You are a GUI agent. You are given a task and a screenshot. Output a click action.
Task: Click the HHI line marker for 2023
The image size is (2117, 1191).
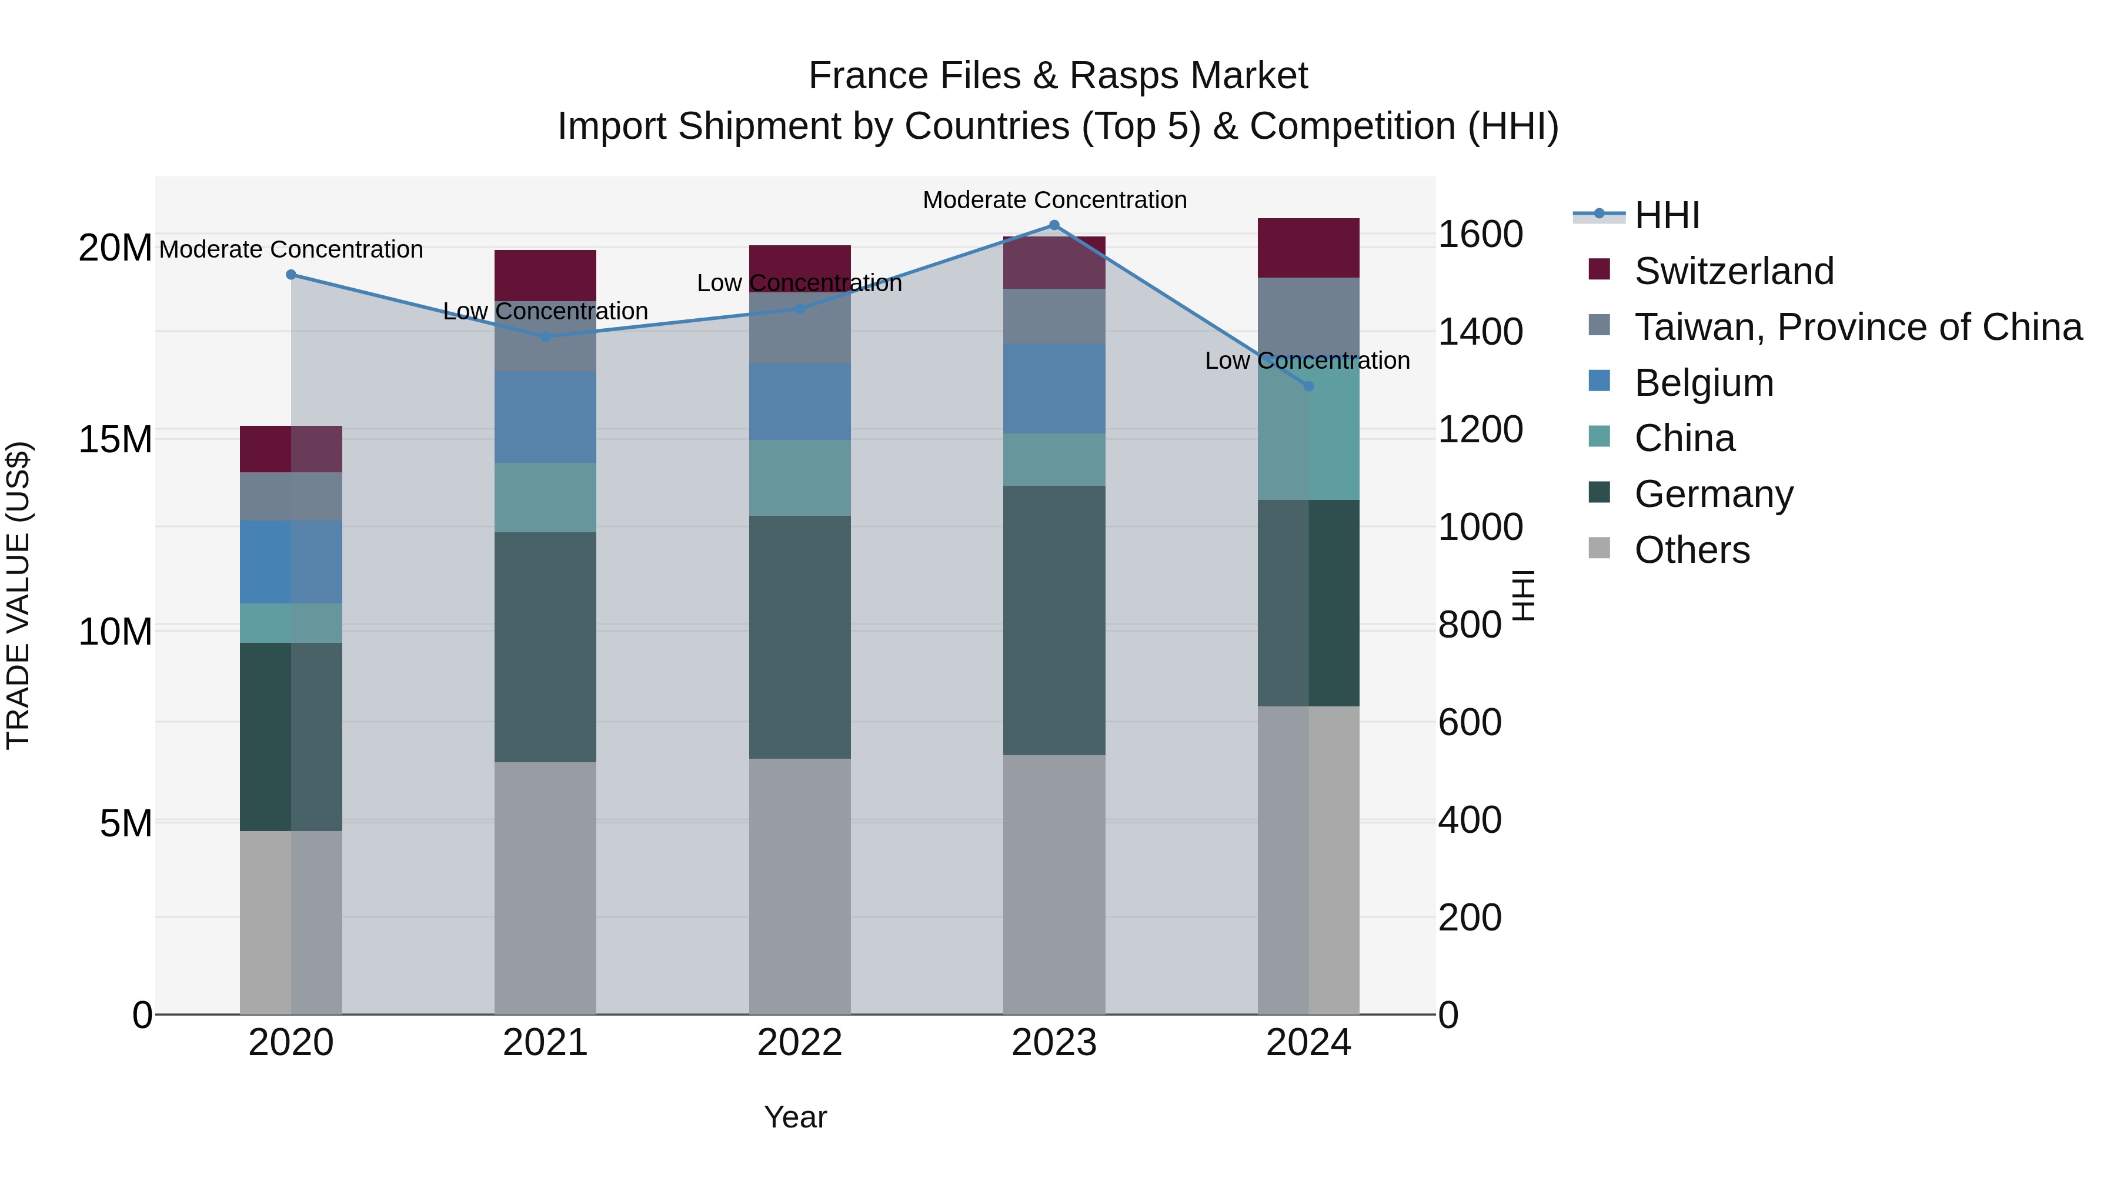click(1054, 225)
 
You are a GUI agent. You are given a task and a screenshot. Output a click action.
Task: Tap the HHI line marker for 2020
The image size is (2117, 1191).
click(291, 275)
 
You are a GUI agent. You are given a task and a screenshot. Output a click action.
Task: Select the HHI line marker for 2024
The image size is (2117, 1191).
click(1309, 385)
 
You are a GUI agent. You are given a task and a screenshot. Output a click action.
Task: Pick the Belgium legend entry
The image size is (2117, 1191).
click(1704, 383)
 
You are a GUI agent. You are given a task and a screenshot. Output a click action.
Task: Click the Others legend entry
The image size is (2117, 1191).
click(1692, 550)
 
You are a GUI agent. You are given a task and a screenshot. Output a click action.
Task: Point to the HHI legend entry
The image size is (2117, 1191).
click(1667, 215)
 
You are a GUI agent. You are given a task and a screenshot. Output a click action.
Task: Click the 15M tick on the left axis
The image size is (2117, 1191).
click(115, 440)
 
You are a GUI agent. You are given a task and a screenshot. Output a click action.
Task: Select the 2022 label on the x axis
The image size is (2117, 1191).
click(800, 1043)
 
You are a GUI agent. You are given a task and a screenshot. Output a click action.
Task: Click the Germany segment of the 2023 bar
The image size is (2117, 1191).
click(1054, 620)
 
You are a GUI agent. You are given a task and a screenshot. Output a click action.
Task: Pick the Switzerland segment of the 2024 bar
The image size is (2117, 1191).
click(1308, 248)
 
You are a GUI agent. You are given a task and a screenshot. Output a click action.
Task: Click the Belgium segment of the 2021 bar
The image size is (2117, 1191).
click(546, 417)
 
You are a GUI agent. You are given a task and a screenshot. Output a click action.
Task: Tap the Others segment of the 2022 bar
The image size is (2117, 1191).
click(800, 886)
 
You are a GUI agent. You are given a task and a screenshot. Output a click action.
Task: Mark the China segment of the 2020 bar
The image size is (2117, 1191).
click(291, 623)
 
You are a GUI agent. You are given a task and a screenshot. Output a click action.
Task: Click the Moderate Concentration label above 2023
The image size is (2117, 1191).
click(1054, 200)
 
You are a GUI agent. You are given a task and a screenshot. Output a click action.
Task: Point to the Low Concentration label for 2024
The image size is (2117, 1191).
click(1307, 361)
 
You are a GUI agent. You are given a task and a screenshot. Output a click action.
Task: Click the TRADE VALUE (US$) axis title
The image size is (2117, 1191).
click(18, 595)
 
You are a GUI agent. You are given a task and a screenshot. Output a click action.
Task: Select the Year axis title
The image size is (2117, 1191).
click(794, 1117)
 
